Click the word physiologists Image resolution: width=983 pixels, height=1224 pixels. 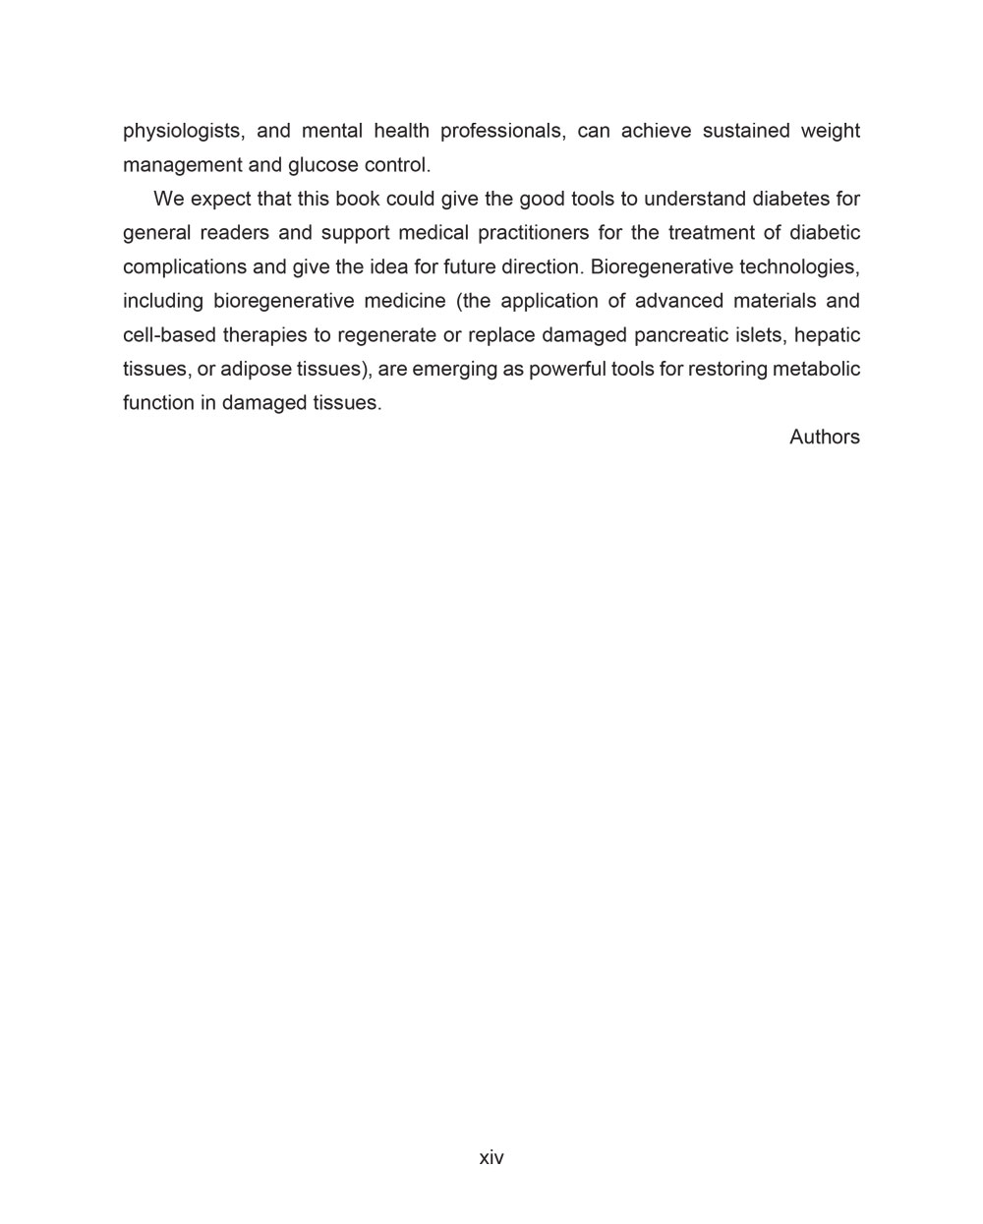[x=182, y=132]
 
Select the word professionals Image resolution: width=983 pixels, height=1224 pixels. [x=502, y=132]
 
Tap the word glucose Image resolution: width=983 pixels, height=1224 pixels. [x=322, y=165]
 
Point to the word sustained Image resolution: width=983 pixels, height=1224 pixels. [x=747, y=132]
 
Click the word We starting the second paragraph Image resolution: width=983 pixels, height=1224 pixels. [x=169, y=200]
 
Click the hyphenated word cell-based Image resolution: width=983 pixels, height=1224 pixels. [x=169, y=335]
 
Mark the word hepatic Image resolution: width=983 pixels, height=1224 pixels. [x=827, y=335]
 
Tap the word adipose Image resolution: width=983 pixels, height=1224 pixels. [x=256, y=370]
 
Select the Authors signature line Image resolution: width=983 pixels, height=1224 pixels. [x=824, y=437]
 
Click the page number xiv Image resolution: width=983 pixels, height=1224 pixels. [x=491, y=1158]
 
